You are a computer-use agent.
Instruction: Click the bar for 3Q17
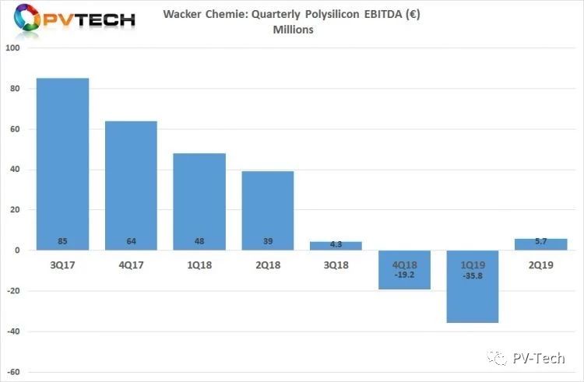click(64, 163)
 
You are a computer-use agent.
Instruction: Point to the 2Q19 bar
click(542, 244)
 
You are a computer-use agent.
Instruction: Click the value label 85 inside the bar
click(64, 242)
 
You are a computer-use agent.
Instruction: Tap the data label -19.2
click(405, 274)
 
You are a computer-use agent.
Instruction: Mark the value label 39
click(269, 242)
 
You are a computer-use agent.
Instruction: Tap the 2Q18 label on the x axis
click(269, 264)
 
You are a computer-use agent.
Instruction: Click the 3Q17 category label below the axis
click(64, 264)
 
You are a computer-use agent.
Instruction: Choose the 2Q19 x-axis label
click(542, 264)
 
